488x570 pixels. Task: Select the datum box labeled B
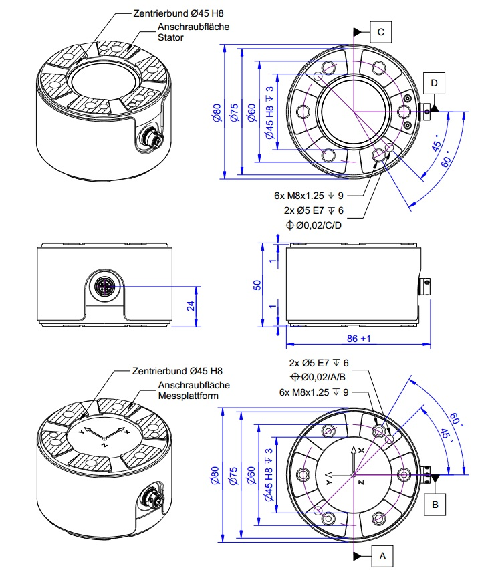tap(435, 505)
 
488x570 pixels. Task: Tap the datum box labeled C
tap(380, 31)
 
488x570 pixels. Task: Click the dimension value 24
tap(189, 307)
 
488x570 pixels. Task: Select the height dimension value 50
tap(257, 285)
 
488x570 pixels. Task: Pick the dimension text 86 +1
tap(357, 339)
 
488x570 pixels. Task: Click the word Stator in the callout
tap(170, 38)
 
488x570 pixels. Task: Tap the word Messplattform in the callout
tap(190, 396)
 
